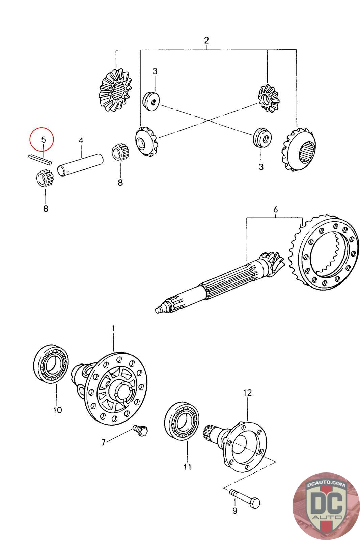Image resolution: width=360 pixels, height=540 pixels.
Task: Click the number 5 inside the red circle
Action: (44, 140)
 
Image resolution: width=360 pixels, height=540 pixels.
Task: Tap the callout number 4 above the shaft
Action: (81, 141)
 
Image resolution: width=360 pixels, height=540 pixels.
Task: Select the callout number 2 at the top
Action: (206, 40)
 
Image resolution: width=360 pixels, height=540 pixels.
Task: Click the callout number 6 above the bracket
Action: (275, 209)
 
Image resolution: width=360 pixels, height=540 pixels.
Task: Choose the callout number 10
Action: (58, 410)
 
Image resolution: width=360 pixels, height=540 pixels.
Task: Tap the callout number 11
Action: (188, 467)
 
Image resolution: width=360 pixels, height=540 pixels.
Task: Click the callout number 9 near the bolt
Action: (235, 510)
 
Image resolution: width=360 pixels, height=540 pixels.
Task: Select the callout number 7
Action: (103, 443)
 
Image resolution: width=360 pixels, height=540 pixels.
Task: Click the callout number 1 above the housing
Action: (113, 328)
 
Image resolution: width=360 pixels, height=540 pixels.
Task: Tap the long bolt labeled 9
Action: (245, 498)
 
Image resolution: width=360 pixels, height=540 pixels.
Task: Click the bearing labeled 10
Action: (51, 364)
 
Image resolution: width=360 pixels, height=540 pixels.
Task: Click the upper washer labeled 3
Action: (151, 101)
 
